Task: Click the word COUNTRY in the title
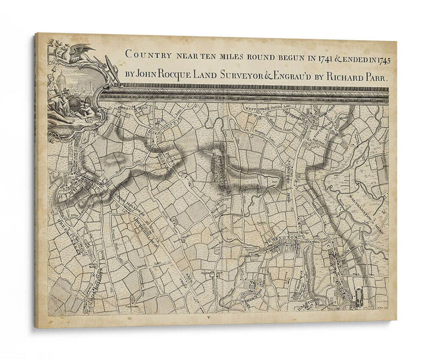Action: point(144,54)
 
